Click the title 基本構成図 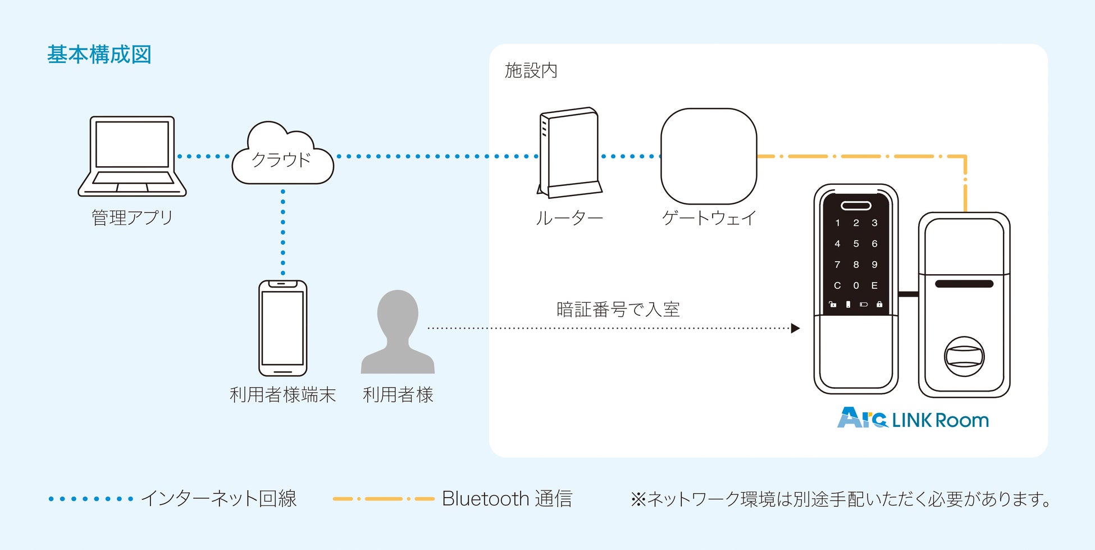[99, 55]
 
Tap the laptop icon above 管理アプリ [132, 156]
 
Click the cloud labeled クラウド [282, 157]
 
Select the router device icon [569, 153]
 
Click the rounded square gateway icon [709, 156]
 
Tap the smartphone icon [282, 328]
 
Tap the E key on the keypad [874, 285]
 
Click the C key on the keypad [837, 285]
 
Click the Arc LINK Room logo [912, 419]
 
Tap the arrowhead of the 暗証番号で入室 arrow [795, 328]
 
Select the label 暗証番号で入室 [618, 310]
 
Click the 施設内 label [531, 71]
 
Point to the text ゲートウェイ [709, 218]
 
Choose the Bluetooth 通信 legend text [507, 499]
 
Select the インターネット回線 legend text [218, 499]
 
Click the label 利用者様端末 [282, 395]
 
